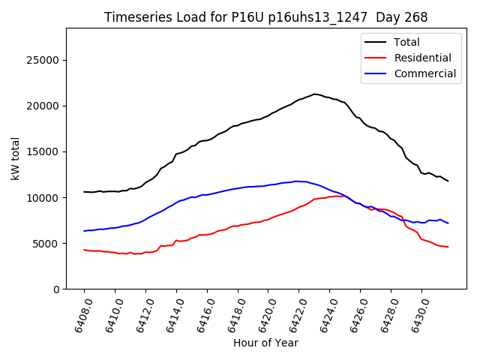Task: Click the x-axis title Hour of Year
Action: [x=265, y=343]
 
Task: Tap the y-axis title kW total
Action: [x=16, y=158]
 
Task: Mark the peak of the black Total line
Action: [x=314, y=94]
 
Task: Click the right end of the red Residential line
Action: [x=448, y=247]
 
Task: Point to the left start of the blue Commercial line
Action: [x=84, y=231]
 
